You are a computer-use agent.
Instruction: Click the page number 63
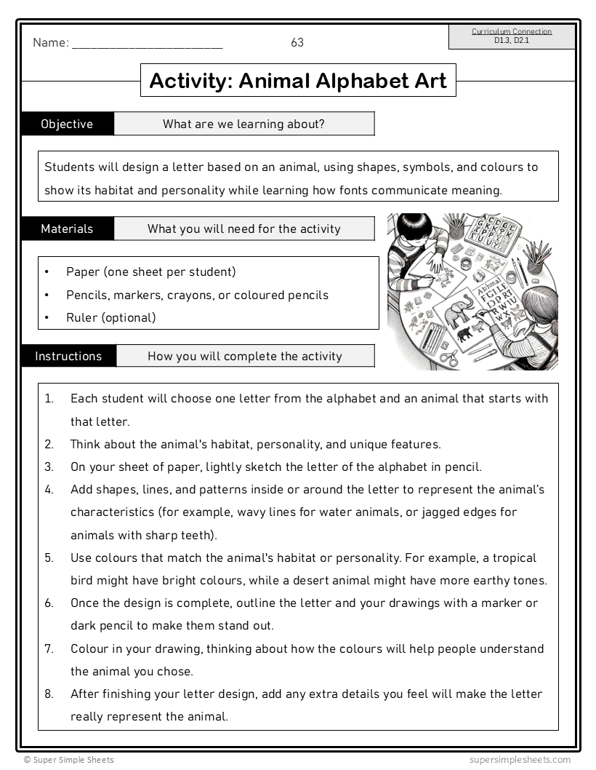(297, 42)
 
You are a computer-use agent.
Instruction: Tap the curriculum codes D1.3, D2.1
(512, 40)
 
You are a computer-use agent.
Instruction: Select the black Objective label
(67, 124)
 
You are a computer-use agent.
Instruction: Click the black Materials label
(67, 229)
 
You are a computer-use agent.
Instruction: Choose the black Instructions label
(68, 356)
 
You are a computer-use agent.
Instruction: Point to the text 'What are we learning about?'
(243, 124)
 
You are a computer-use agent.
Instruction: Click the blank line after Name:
(148, 43)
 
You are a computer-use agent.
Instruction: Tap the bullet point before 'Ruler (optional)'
(47, 318)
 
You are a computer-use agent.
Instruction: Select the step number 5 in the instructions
(49, 558)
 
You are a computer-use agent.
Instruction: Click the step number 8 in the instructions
(49, 694)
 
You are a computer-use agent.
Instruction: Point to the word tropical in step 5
(513, 557)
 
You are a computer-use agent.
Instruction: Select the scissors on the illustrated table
(448, 357)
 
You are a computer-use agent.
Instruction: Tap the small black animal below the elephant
(464, 335)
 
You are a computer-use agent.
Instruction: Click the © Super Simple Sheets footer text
(68, 760)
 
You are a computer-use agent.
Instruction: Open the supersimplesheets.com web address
(520, 760)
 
